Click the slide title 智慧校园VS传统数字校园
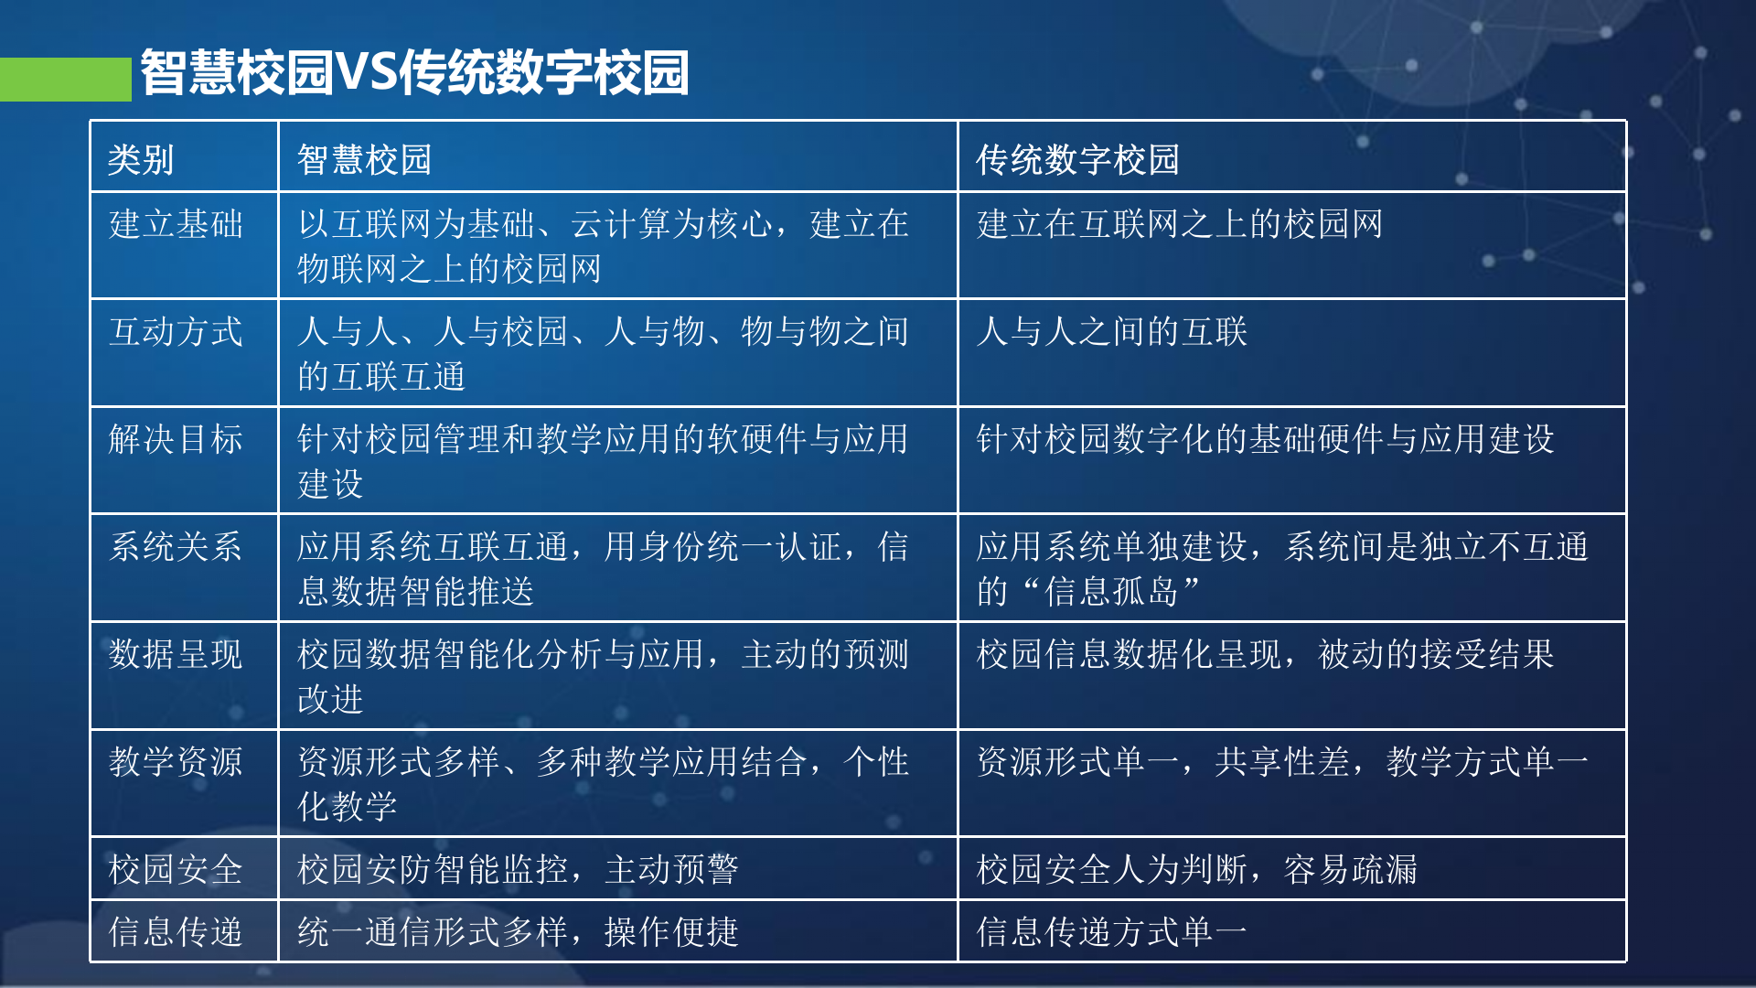[x=413, y=73]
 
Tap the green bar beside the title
[x=65, y=80]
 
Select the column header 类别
[x=141, y=160]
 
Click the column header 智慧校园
[x=364, y=160]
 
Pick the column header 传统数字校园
[x=1077, y=160]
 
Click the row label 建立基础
[x=176, y=224]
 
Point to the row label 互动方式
[x=176, y=332]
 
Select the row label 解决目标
[x=176, y=440]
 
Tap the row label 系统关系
[x=176, y=547]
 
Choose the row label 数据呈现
[x=176, y=655]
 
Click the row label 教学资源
[x=176, y=762]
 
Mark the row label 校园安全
[x=176, y=869]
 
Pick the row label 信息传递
[x=176, y=932]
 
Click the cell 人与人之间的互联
[x=1112, y=332]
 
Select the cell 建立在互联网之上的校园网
[x=1180, y=224]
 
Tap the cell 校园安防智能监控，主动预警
[x=518, y=869]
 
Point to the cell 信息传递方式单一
[x=1112, y=932]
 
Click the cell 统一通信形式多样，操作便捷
[x=518, y=932]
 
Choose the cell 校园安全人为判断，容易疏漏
[x=1196, y=869]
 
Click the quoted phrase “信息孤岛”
[x=1112, y=592]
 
